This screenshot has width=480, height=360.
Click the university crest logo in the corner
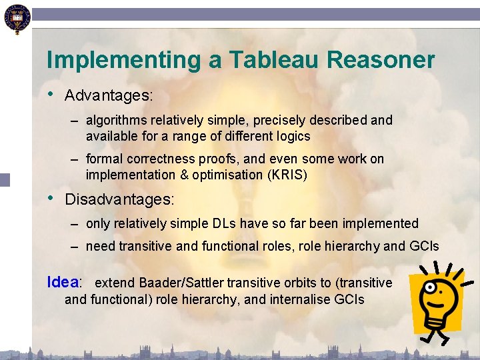coord(16,18)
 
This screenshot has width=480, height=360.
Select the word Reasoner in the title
coord(381,60)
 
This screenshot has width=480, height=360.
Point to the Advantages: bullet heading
coord(109,95)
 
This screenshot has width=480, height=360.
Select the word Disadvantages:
coord(119,199)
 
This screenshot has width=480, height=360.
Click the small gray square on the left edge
coord(5,179)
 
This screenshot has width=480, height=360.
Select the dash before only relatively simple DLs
coord(77,224)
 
